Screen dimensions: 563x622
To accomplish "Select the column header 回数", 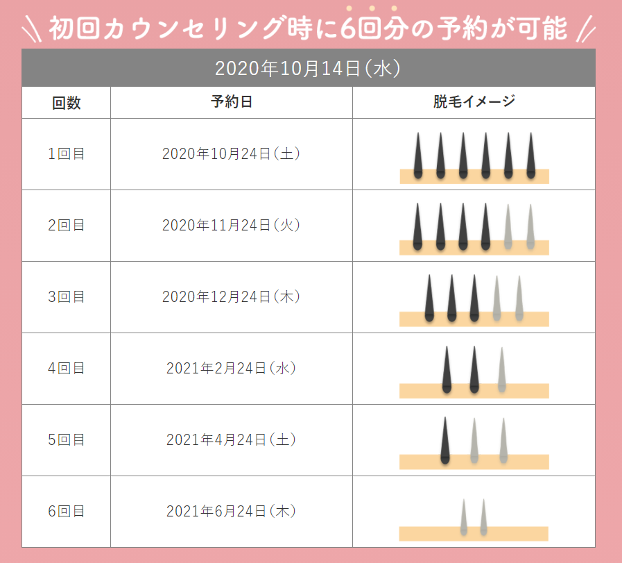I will [67, 103].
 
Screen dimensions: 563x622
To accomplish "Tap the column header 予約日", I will [231, 102].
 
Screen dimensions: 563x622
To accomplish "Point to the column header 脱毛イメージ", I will [474, 102].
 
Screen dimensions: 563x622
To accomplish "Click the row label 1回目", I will [67, 154].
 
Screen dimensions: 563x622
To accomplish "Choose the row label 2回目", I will [67, 226].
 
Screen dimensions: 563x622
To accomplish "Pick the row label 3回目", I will [67, 297].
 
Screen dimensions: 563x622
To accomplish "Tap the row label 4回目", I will [67, 369].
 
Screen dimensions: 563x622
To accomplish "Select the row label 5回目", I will [67, 440].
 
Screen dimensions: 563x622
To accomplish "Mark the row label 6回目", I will [67, 512].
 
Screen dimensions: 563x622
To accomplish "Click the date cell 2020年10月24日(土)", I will [231, 154].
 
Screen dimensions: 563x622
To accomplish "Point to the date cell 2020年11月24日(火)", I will [231, 226].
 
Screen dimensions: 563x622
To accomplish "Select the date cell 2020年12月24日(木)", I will [231, 297].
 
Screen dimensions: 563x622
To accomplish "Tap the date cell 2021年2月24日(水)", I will [231, 369].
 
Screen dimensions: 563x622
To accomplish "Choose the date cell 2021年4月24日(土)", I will [231, 440].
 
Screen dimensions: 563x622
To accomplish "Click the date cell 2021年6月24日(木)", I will [231, 512].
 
